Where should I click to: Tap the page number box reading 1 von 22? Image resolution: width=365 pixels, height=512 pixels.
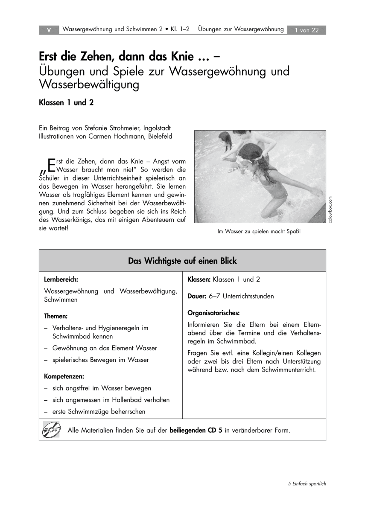(x=307, y=30)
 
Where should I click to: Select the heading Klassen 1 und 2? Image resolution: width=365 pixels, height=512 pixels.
(x=66, y=102)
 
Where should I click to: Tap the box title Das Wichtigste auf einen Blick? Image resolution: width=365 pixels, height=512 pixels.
(x=182, y=261)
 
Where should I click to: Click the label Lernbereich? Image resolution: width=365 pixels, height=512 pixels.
(x=61, y=280)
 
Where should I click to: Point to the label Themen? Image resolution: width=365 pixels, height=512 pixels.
(x=56, y=317)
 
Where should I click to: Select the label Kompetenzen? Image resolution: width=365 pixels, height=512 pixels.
(x=64, y=377)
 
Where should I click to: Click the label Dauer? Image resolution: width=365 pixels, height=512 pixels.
(x=197, y=296)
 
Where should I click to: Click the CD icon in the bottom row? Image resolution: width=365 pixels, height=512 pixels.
(x=52, y=429)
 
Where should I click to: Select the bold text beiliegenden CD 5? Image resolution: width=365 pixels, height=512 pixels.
(x=196, y=430)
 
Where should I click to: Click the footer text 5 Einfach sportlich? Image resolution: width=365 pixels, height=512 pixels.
(x=307, y=483)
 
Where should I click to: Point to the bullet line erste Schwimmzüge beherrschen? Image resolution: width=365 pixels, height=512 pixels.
(x=99, y=412)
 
